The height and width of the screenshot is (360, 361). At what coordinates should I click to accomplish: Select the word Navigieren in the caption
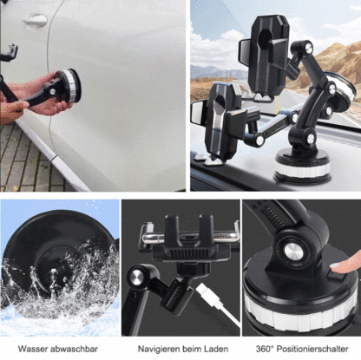coord(160,349)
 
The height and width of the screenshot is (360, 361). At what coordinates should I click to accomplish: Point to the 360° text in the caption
coord(265,349)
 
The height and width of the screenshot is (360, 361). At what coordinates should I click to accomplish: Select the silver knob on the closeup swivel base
coord(293,252)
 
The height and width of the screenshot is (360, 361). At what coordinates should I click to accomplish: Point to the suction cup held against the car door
coord(69,86)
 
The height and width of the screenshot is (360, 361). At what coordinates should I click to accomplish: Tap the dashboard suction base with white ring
coord(302,167)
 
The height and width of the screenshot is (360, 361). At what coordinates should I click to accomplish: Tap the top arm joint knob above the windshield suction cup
coord(305,48)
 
